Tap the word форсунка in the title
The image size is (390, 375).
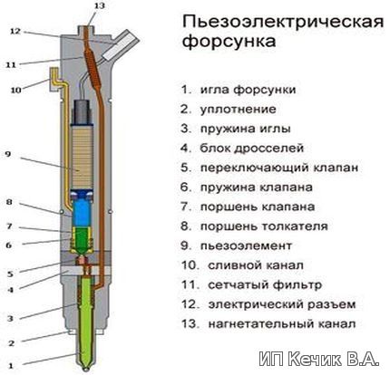click(x=229, y=42)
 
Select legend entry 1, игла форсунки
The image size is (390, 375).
click(x=239, y=91)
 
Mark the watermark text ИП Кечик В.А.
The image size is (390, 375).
click(x=319, y=359)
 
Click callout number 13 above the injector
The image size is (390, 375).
click(x=99, y=5)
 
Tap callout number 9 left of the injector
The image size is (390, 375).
click(x=8, y=154)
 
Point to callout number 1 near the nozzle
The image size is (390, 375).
click(x=11, y=366)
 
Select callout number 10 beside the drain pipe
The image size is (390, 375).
click(x=16, y=90)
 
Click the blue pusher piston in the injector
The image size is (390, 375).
click(x=83, y=209)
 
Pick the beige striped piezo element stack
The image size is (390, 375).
click(x=82, y=157)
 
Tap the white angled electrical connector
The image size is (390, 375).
click(x=121, y=45)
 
